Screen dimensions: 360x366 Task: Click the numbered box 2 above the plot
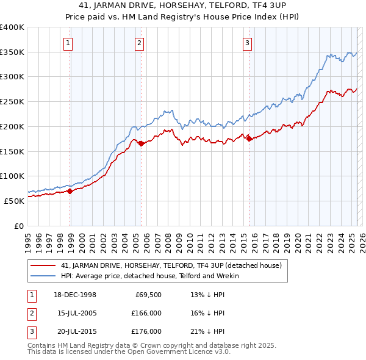[x=140, y=43]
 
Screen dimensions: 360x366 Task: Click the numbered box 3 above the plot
[x=247, y=43]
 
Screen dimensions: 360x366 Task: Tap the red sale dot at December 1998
[x=70, y=191]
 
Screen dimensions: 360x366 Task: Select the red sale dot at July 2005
[x=141, y=144]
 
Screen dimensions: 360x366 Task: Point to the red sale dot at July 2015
[x=249, y=139]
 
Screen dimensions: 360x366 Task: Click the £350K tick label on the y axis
[x=12, y=52]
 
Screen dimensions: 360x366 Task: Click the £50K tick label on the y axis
[x=15, y=201]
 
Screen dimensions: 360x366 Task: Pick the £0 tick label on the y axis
[x=19, y=226]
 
